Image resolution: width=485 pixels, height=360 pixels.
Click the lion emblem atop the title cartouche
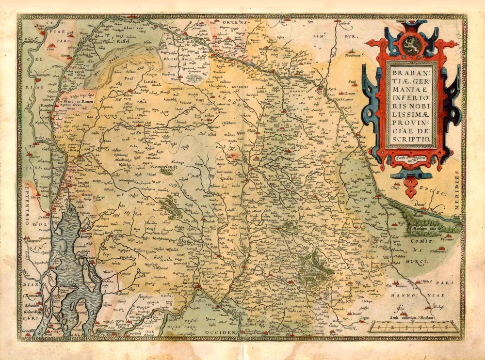(411, 41)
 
